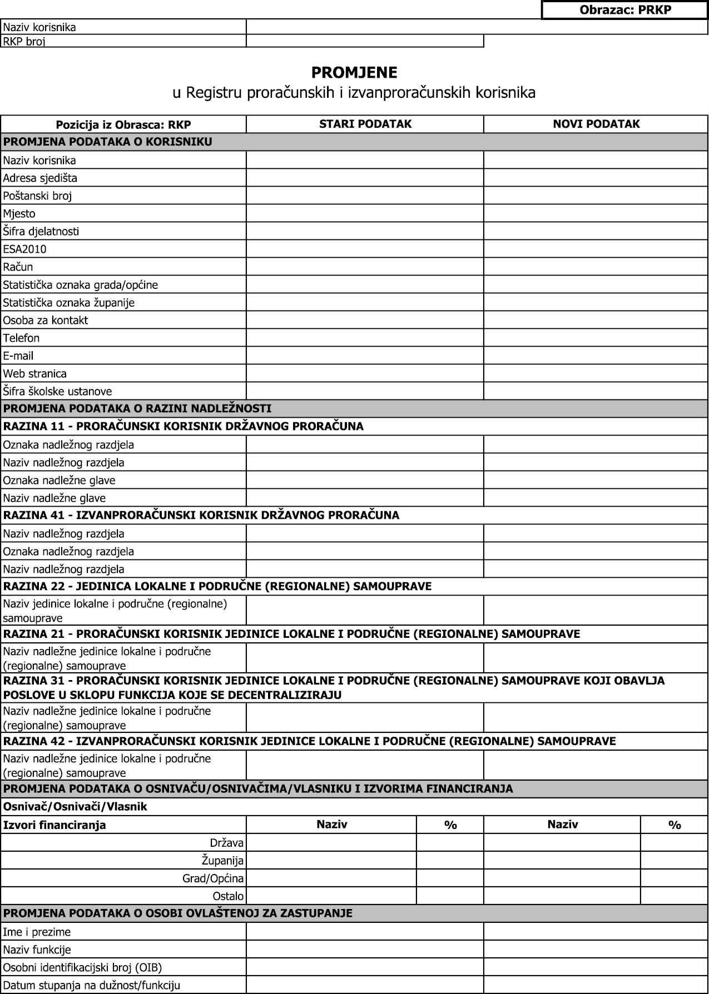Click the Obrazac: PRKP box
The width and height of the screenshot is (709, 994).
tap(625, 10)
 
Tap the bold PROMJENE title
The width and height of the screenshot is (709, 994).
tap(354, 73)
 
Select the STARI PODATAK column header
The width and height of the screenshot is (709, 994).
tap(365, 124)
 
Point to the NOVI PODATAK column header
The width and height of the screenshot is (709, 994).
tap(596, 124)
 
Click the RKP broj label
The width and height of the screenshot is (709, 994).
tap(24, 42)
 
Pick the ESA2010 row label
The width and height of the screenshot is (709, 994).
tap(25, 249)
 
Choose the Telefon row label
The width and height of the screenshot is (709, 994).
tap(22, 338)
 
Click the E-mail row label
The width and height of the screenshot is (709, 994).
tap(18, 356)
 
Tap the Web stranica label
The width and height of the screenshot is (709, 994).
tap(35, 374)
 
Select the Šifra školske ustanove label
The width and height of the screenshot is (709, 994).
tap(57, 392)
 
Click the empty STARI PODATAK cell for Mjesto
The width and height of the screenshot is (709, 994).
tap(365, 214)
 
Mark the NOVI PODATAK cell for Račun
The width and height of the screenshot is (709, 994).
tap(596, 267)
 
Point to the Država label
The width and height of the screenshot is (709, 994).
tap(227, 843)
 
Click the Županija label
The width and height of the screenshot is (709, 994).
tap(222, 861)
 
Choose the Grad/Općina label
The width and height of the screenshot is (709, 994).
tap(213, 879)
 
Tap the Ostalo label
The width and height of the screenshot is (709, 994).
tap(228, 897)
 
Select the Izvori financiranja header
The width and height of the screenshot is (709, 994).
tap(54, 825)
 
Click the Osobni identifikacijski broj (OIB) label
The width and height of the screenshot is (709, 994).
tap(82, 968)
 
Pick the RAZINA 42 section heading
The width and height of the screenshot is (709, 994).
tap(309, 741)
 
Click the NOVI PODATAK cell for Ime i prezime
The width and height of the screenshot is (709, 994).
tap(596, 932)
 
